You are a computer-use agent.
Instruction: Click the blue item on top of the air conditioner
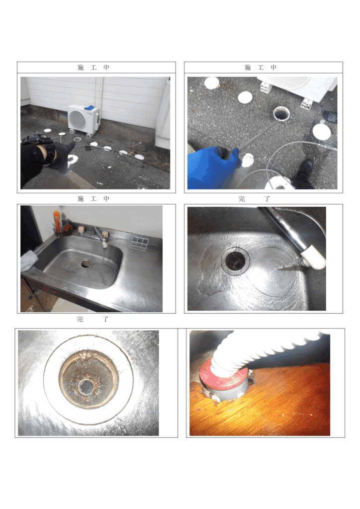coord(90,107)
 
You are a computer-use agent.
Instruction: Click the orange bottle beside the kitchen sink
coord(57,222)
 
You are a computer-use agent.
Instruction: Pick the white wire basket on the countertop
coord(140,243)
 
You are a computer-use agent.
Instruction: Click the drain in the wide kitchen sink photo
coord(86,264)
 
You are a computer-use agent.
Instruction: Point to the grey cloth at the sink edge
coord(28,260)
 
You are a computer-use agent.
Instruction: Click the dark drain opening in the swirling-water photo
coord(235,260)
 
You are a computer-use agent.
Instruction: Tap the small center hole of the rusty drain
coord(87,386)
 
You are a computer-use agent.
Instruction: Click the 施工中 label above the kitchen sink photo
coord(93,199)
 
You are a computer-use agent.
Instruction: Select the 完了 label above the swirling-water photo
coord(254,199)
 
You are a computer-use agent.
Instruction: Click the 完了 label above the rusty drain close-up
coord(92,319)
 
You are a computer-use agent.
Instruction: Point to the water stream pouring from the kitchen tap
coord(103,261)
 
